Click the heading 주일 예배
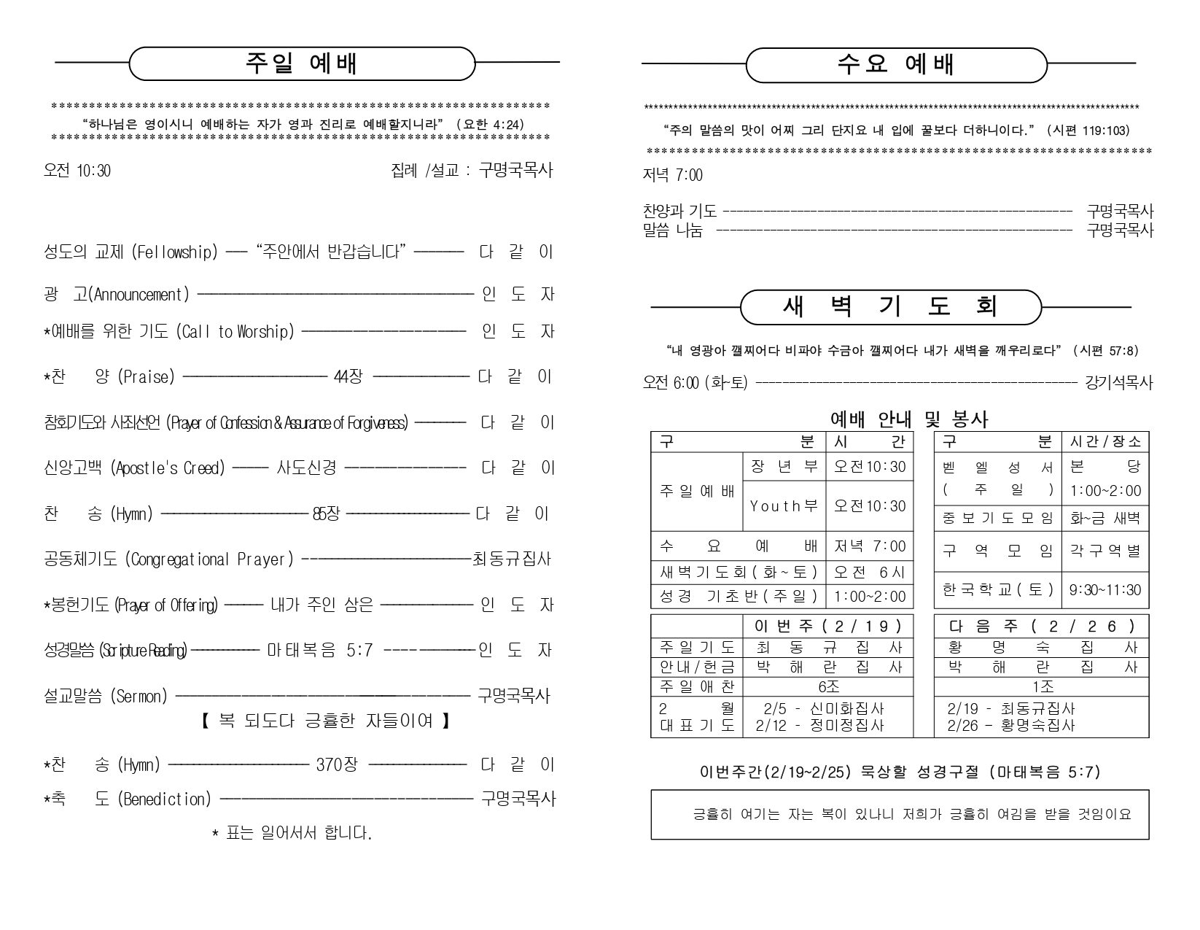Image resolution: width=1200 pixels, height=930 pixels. coord(301,64)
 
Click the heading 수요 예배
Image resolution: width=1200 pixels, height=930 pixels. coord(895,65)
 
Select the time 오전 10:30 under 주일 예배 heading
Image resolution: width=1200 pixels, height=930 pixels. coord(77,171)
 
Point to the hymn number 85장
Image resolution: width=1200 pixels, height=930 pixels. coord(326,514)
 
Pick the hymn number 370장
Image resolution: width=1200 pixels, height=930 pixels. coord(337,765)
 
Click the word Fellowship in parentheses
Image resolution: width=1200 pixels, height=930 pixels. coord(174,252)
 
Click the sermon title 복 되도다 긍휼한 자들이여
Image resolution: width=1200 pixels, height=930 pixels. coord(324,721)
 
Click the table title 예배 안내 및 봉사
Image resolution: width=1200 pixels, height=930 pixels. coord(909,419)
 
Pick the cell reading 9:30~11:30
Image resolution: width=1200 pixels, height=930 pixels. coord(1104,590)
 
